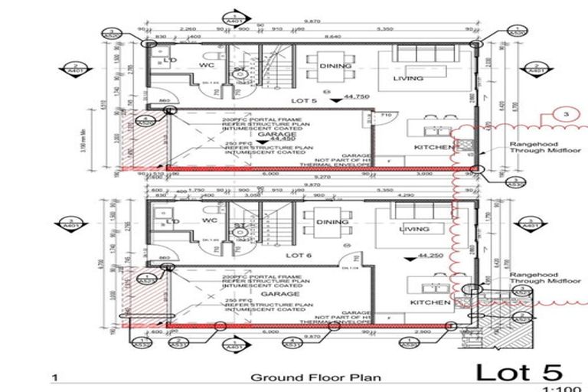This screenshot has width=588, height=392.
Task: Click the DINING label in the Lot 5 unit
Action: pyautogui.click(x=338, y=67)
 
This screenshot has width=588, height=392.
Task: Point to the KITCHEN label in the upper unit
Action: pyautogui.click(x=430, y=147)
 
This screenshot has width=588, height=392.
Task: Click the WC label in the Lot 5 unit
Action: pyautogui.click(x=206, y=65)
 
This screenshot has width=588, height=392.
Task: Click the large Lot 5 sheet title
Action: pyautogui.click(x=519, y=372)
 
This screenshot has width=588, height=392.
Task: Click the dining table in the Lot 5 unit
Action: pyautogui.click(x=315, y=67)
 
